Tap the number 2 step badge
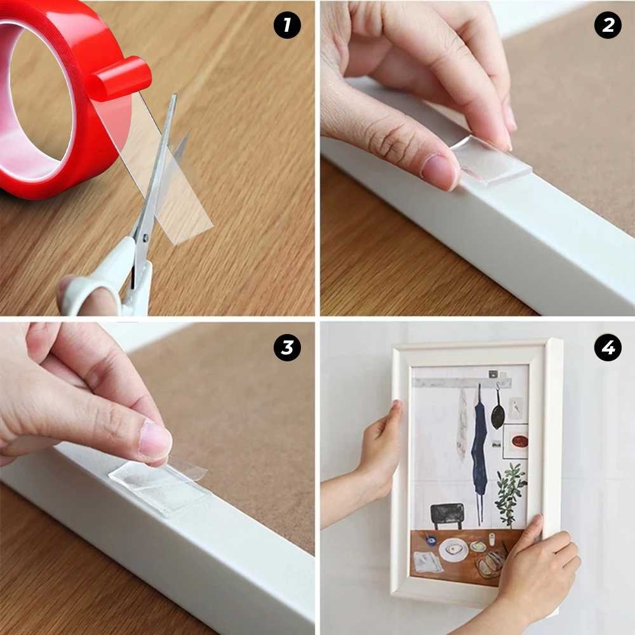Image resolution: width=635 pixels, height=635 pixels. point(608,26)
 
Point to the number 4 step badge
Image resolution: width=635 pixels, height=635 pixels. point(608,348)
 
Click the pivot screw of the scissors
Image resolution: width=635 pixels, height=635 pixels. point(145,237)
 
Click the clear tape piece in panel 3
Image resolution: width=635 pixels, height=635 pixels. point(159,486)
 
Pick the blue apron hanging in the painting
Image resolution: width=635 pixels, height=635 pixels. point(479,444)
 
